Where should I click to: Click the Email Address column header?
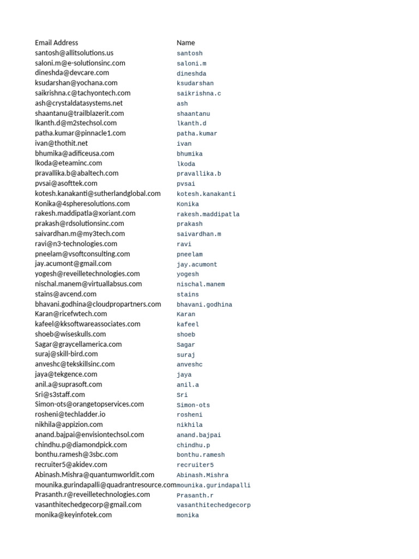(56, 43)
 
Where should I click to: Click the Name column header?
(185, 43)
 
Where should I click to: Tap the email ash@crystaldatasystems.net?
(79, 103)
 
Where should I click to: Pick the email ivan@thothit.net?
(61, 143)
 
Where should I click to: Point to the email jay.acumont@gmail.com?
(73, 264)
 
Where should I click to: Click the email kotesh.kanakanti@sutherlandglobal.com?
(98, 193)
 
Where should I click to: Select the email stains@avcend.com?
(65, 294)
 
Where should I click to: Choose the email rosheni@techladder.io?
(70, 414)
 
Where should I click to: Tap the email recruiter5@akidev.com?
(71, 465)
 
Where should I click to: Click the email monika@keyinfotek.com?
(73, 515)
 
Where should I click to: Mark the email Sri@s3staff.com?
(60, 394)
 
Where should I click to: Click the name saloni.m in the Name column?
(191, 63)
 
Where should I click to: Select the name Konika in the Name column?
(188, 204)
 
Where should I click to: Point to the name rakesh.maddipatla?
(208, 214)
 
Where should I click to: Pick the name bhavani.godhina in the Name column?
(204, 305)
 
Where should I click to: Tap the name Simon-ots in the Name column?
(193, 405)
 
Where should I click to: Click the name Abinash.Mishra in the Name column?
(202, 475)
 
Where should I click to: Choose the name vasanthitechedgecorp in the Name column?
(213, 505)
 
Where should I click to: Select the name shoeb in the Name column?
(185, 335)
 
